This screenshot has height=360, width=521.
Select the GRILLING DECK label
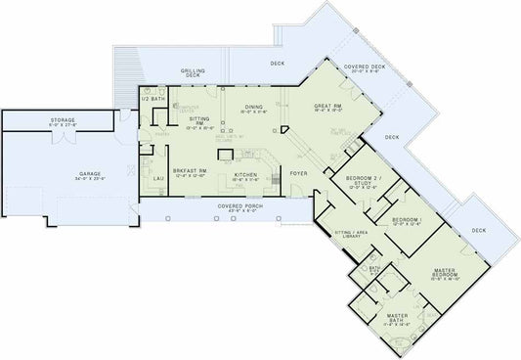[193, 73]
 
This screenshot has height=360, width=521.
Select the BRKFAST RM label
[188, 172]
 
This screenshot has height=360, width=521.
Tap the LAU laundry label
[157, 180]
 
